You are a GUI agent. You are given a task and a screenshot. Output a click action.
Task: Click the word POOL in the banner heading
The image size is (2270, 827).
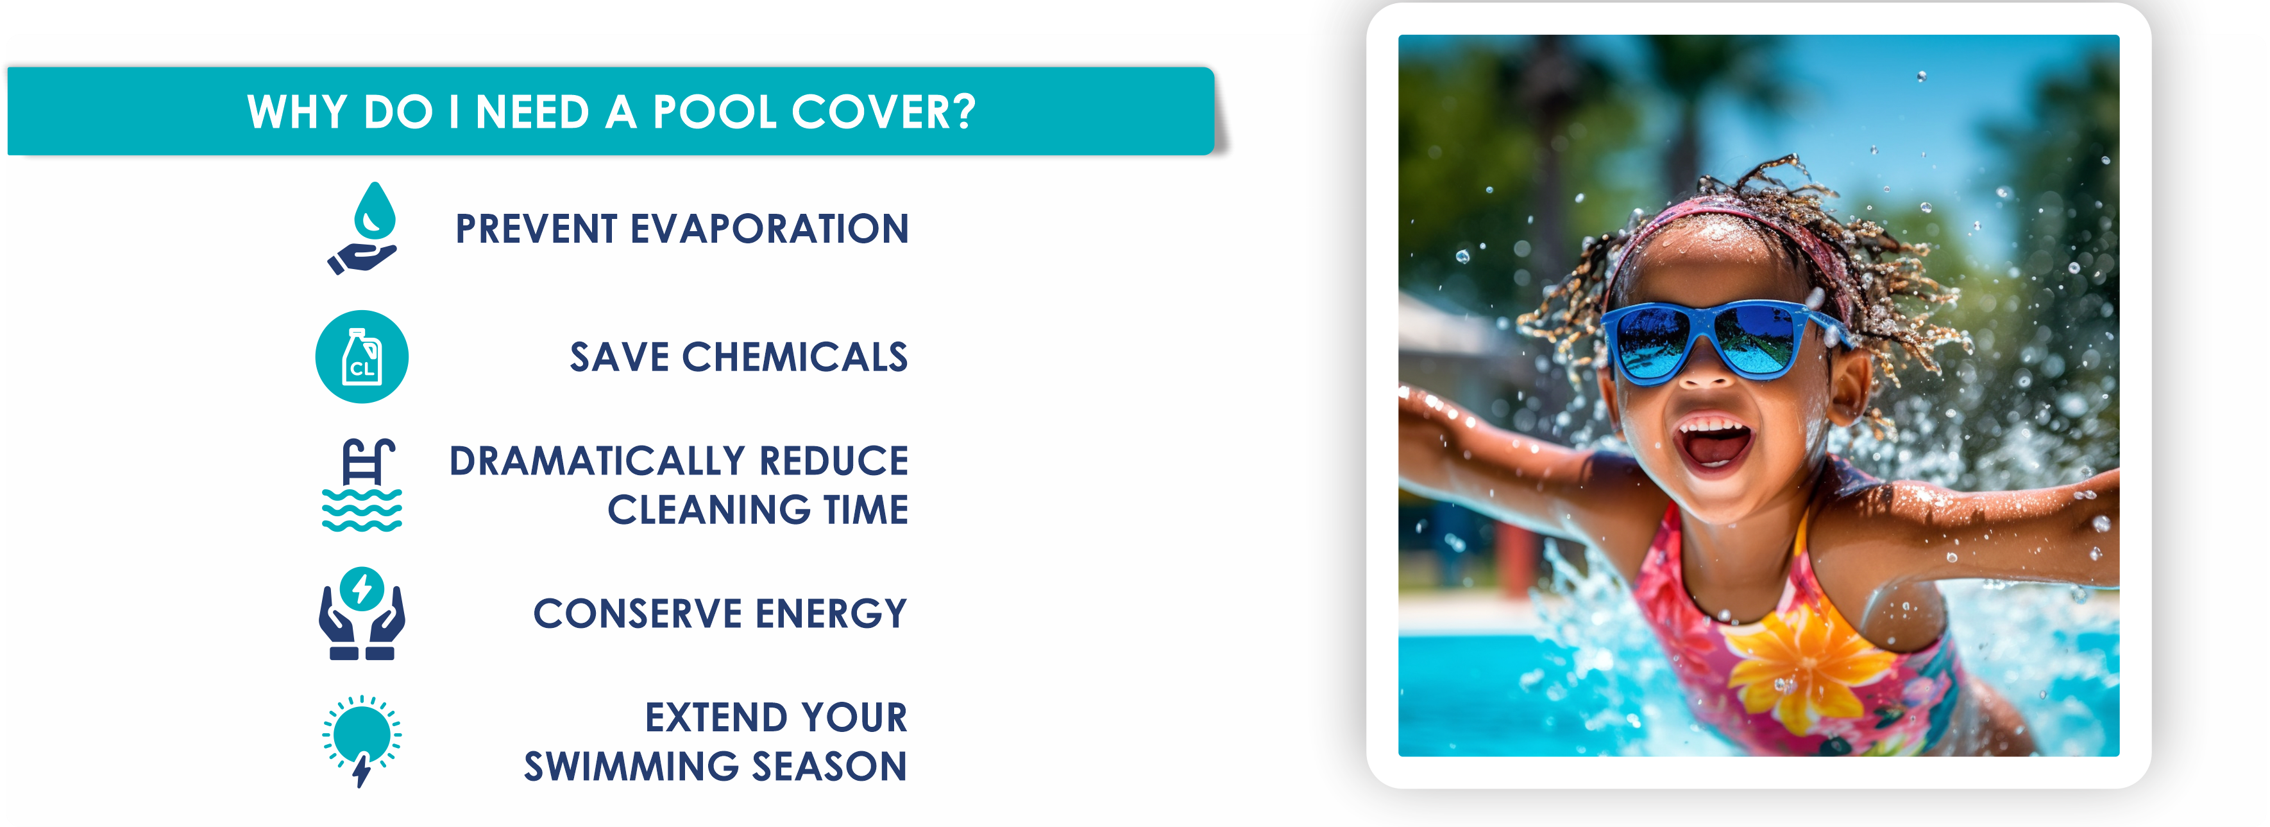(715, 113)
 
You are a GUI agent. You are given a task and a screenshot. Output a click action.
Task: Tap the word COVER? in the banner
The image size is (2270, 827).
(883, 113)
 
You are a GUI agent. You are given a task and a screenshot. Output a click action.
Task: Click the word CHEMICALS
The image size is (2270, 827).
(794, 357)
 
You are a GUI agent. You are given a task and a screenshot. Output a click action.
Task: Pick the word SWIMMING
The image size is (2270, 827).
(631, 766)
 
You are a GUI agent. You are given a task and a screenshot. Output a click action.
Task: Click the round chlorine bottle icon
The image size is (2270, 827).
(361, 357)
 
